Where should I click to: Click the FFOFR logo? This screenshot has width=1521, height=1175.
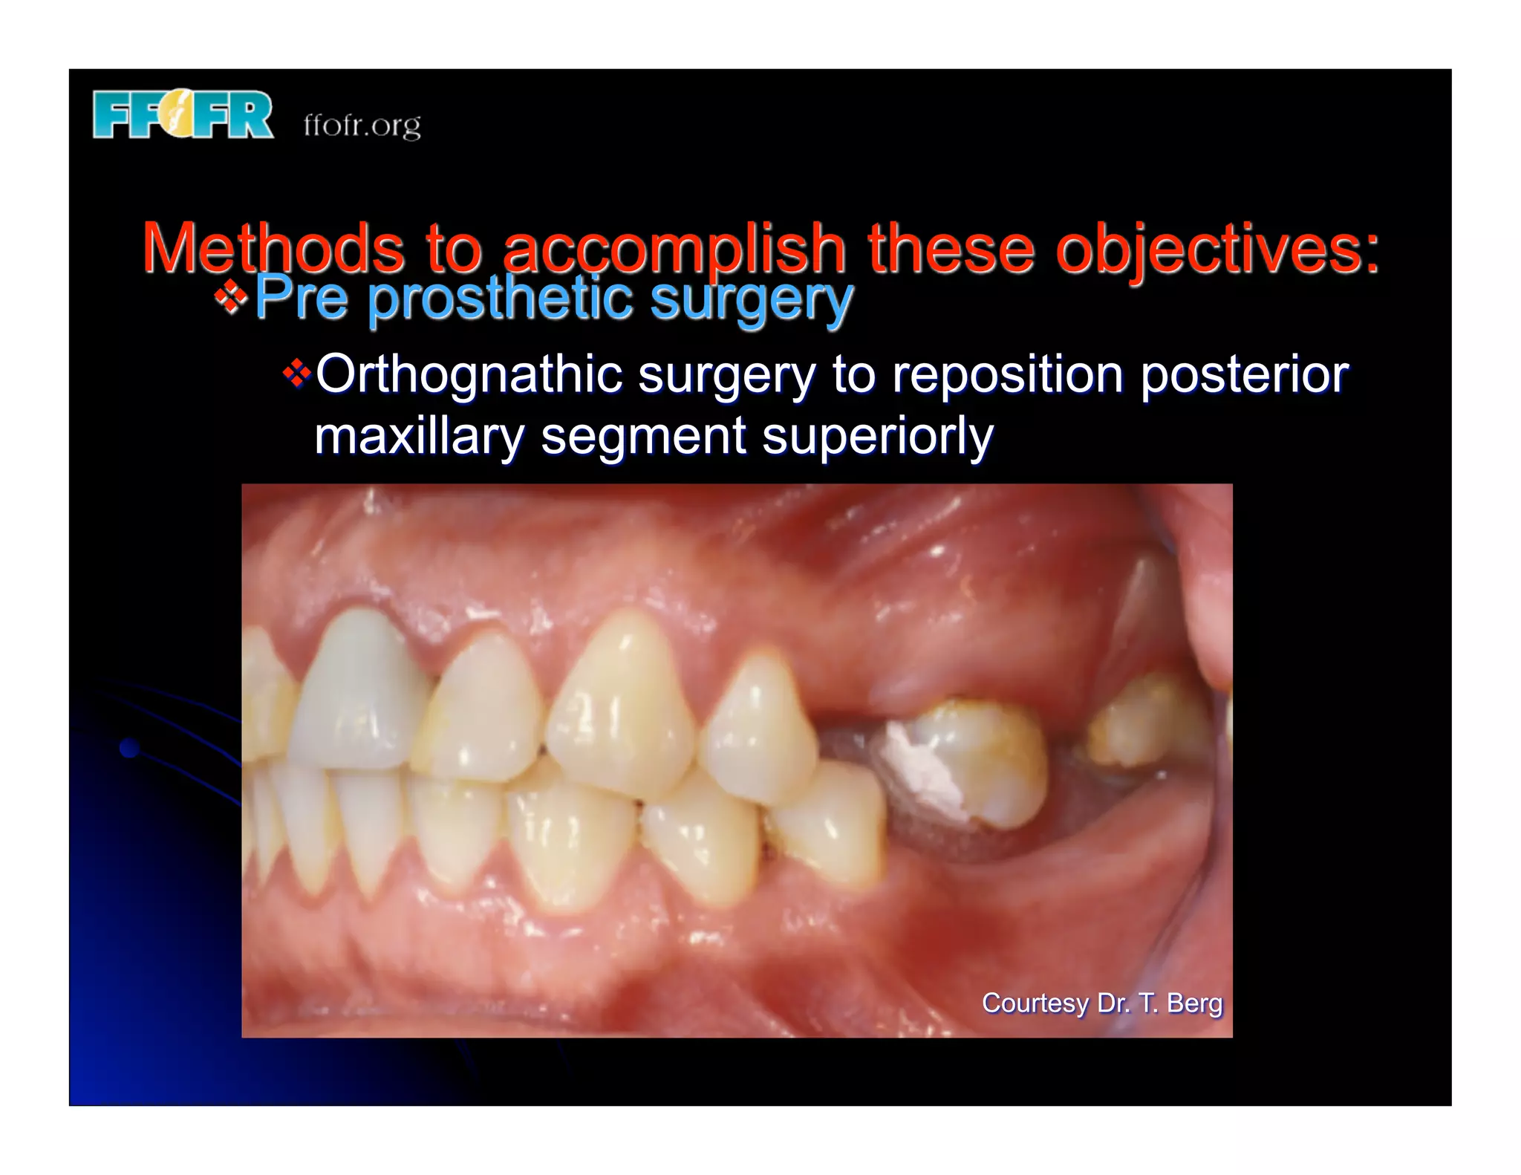pyautogui.click(x=183, y=115)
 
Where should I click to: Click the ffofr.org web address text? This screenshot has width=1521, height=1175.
pyautogui.click(x=362, y=125)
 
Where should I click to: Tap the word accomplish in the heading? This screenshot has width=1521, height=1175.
pyautogui.click(x=674, y=250)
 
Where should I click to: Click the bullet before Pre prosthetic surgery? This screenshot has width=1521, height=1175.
pyautogui.click(x=231, y=298)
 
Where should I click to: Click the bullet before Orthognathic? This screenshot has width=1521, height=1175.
pyautogui.click(x=297, y=374)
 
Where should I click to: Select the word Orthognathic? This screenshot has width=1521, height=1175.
pyautogui.click(x=469, y=374)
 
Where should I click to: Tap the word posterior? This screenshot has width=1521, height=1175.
pyautogui.click(x=1244, y=374)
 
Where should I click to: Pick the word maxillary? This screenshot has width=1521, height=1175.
pyautogui.click(x=419, y=436)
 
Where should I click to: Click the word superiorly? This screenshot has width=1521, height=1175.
pyautogui.click(x=877, y=437)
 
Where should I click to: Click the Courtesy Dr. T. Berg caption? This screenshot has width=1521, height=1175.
pyautogui.click(x=1101, y=1003)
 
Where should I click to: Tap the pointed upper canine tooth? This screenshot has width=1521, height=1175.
pyautogui.click(x=622, y=706)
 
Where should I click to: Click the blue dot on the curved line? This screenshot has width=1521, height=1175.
pyautogui.click(x=130, y=747)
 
